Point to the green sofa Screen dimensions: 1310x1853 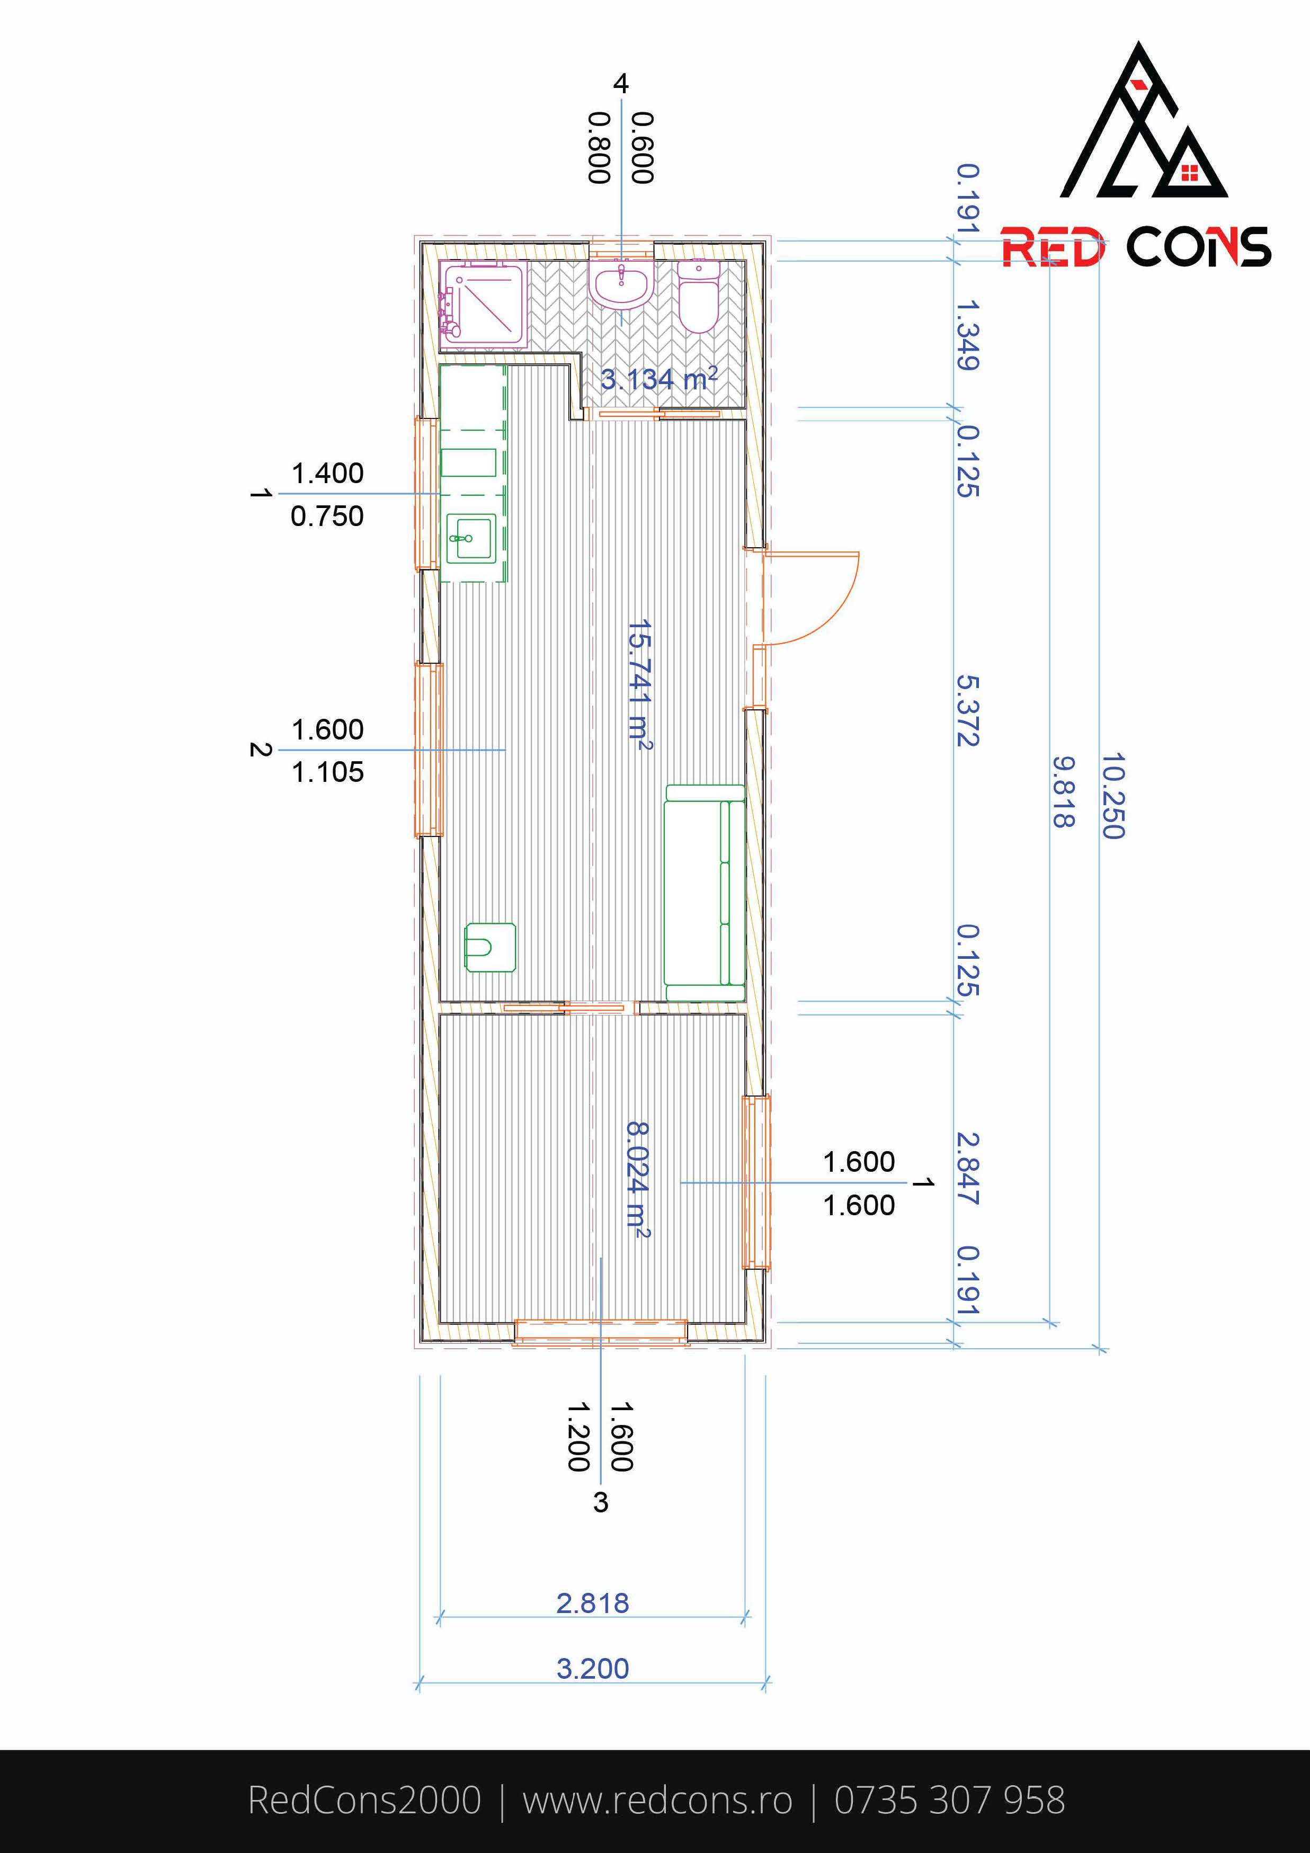704,894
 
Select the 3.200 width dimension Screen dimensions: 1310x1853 592,1668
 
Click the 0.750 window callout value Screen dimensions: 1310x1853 328,516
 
